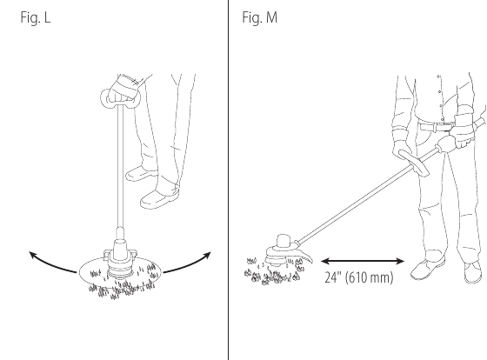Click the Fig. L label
point(36,17)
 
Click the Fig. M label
point(260,17)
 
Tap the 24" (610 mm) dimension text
point(359,277)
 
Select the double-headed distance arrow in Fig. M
point(362,261)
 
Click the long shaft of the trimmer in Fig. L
point(120,168)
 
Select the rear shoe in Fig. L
point(141,173)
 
